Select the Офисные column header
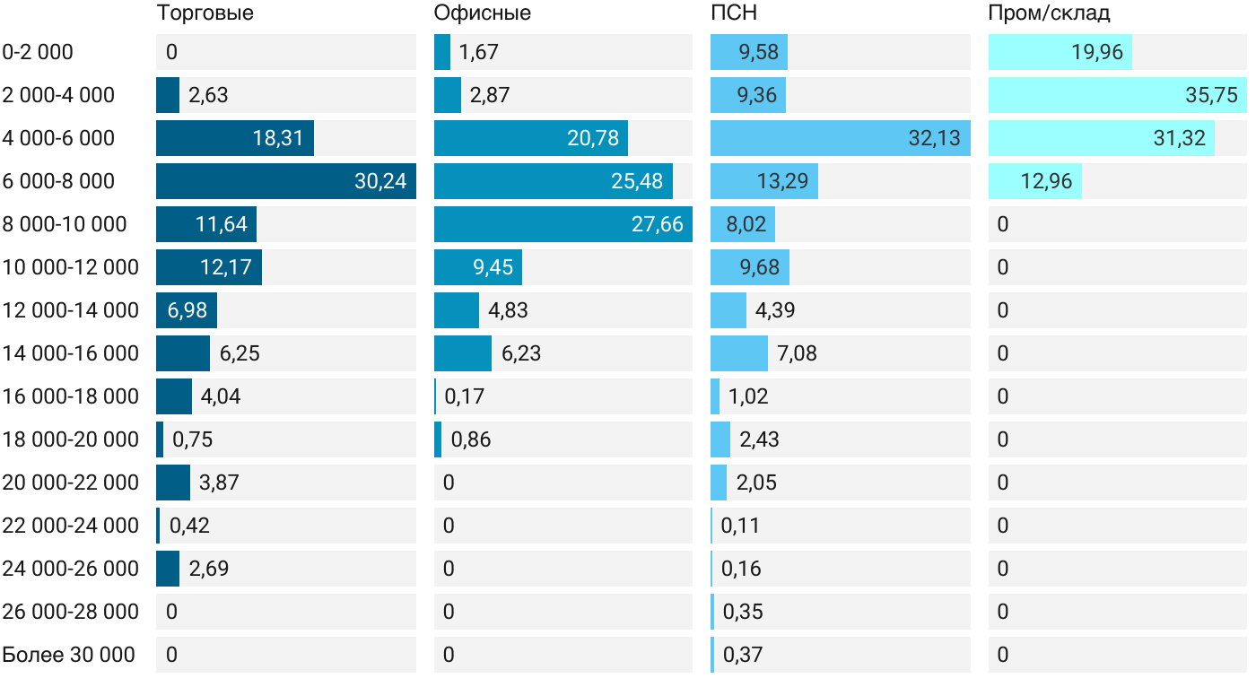[x=482, y=13]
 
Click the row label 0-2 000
[x=38, y=52]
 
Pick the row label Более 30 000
[x=68, y=655]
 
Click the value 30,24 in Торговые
[x=380, y=181]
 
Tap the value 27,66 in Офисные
[x=658, y=224]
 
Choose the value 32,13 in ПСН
[x=934, y=138]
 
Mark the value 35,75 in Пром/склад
[x=1211, y=95]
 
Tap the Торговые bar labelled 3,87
[x=173, y=483]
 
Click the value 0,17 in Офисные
[x=465, y=396]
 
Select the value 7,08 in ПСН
[x=798, y=353]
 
